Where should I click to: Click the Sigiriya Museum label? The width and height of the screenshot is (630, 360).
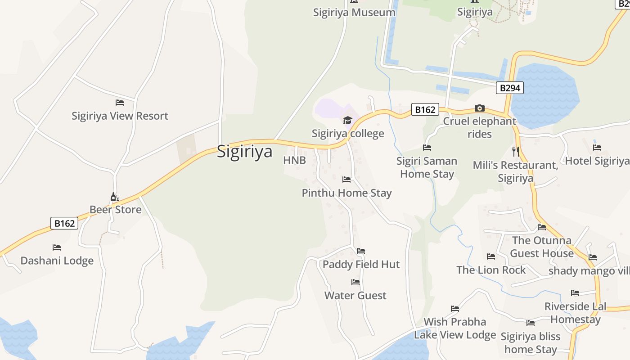click(354, 12)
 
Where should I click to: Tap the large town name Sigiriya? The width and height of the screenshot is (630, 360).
click(245, 151)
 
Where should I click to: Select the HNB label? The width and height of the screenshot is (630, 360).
click(294, 160)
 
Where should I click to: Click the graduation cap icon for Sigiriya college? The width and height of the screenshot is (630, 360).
click(347, 120)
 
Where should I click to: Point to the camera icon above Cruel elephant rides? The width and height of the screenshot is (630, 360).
click(480, 108)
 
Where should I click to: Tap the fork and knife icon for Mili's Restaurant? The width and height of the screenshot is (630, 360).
click(516, 152)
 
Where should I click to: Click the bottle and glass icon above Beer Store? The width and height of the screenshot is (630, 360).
click(115, 197)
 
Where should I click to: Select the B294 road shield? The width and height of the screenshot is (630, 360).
click(510, 88)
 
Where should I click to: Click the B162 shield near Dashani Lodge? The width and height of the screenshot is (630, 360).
click(64, 223)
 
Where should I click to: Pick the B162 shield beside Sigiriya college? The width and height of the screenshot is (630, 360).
click(425, 109)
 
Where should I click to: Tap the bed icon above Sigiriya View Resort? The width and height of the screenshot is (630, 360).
click(120, 103)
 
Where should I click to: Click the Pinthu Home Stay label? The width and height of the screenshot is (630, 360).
click(346, 193)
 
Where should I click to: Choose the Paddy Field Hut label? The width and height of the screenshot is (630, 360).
click(361, 264)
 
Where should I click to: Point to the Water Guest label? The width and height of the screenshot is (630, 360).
click(355, 296)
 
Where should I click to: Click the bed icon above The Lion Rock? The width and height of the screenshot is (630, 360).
click(491, 256)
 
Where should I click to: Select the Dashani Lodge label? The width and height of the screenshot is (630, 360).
click(57, 261)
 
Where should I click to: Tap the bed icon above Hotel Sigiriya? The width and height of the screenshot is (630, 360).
click(597, 148)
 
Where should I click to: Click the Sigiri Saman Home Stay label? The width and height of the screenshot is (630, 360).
click(427, 167)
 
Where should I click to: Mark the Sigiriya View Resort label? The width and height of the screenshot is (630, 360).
click(120, 116)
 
